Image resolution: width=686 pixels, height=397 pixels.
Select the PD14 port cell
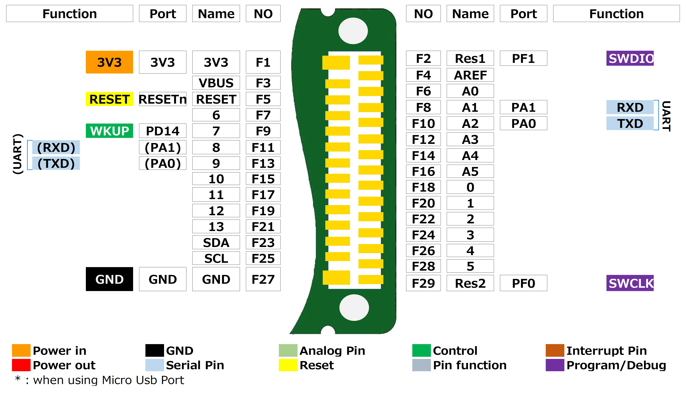(163, 131)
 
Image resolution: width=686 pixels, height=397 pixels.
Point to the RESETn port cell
(163, 99)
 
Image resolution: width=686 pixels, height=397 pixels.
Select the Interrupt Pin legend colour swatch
(555, 350)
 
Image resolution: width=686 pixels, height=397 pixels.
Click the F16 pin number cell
(423, 171)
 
